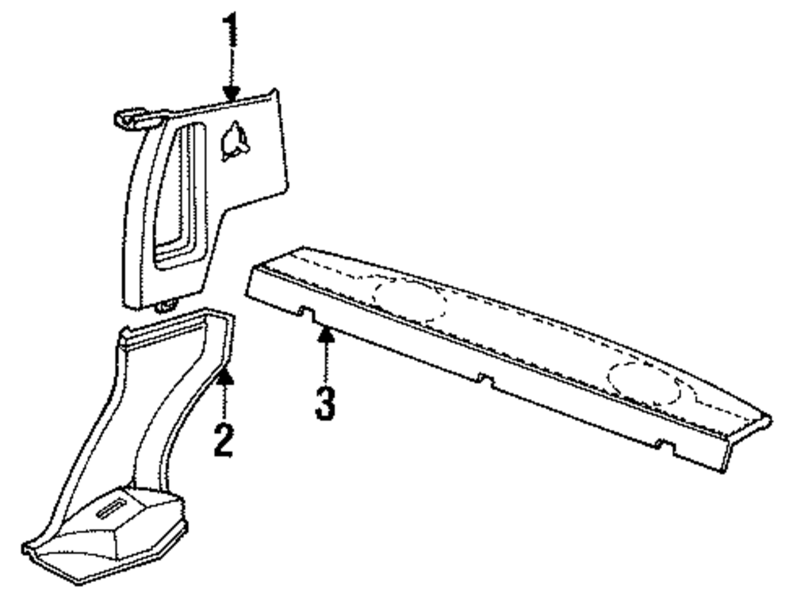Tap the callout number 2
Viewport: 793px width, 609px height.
(224, 438)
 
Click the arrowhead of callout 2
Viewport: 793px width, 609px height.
(225, 376)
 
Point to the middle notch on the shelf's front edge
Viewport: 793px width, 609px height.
(481, 381)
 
